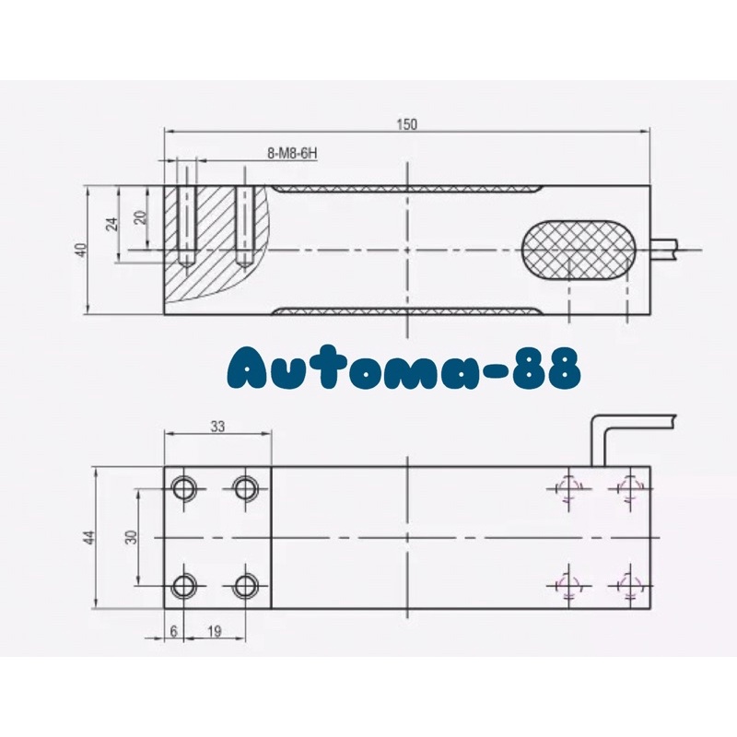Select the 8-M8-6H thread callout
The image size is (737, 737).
290,153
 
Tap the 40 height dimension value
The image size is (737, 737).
82,250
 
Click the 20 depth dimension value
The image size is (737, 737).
139,217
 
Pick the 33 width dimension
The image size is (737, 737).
217,427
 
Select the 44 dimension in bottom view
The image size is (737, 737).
89,537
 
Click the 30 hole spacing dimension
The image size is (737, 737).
131,537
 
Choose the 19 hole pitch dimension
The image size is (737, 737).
214,631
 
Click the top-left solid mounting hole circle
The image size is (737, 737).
184,487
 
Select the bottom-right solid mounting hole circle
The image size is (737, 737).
245,585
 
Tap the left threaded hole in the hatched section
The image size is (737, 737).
186,226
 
